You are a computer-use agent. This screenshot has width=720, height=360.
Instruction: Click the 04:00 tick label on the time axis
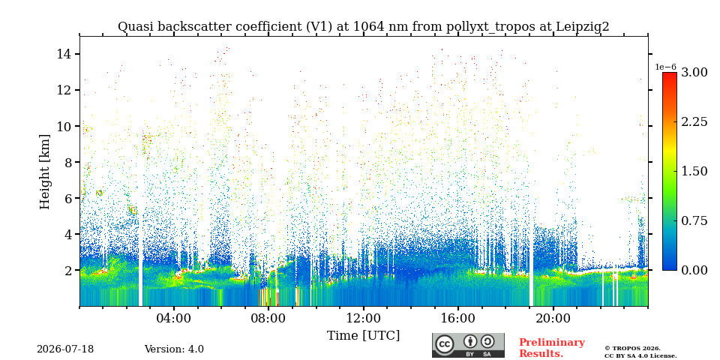(x=174, y=318)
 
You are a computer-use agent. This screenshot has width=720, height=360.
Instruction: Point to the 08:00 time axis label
(x=268, y=318)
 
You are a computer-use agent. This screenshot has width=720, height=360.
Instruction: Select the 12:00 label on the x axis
(x=363, y=318)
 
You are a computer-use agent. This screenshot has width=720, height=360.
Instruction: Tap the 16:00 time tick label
(x=457, y=318)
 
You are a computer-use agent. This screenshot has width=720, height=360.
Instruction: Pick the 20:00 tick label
(x=553, y=318)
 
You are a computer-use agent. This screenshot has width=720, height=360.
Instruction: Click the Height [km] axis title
(x=44, y=172)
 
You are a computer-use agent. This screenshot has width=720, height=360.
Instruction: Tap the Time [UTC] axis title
(x=363, y=336)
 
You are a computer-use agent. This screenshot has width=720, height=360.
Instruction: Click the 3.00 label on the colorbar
(x=694, y=73)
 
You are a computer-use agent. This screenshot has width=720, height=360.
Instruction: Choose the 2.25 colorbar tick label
(x=694, y=122)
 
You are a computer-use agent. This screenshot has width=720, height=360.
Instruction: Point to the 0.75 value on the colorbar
(x=694, y=220)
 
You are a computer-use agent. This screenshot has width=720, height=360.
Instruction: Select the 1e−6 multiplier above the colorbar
(x=666, y=67)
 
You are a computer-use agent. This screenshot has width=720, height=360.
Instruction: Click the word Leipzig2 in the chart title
(x=583, y=27)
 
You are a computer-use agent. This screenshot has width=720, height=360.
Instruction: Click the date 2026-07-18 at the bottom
(x=65, y=349)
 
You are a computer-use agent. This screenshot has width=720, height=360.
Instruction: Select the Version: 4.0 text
(x=174, y=349)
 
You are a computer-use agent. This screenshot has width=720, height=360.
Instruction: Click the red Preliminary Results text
(x=552, y=348)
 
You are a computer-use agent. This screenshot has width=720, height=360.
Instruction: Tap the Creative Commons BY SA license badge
(x=468, y=345)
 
